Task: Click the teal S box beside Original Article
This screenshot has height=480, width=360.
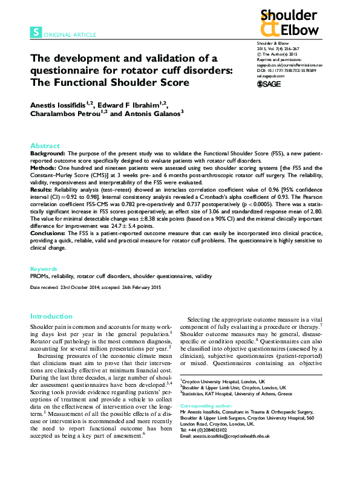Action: [x=36, y=34]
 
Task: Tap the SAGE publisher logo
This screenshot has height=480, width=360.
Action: [x=269, y=84]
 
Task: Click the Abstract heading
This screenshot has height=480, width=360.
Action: [x=45, y=146]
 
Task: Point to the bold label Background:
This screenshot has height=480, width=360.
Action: [x=49, y=155]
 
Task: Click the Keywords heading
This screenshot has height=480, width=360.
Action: [x=44, y=268]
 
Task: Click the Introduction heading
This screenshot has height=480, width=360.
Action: [x=51, y=316]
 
